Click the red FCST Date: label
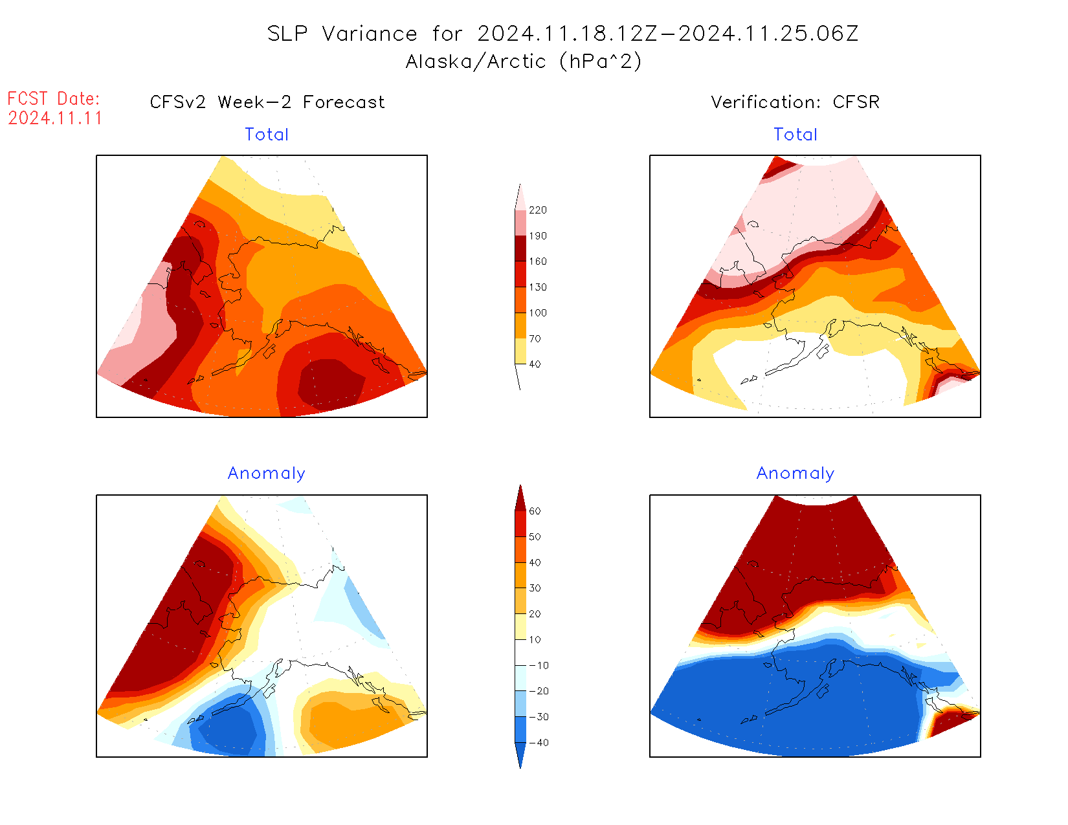point(54,99)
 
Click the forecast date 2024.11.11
point(55,118)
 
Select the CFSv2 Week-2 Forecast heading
point(267,102)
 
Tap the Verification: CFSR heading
point(795,102)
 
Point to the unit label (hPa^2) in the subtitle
point(601,61)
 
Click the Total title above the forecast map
point(267,135)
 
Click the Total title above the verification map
point(795,135)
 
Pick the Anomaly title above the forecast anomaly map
point(266,474)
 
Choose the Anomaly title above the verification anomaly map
point(795,474)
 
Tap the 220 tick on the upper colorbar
point(537,210)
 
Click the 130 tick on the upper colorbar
point(537,287)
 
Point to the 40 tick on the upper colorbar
point(535,364)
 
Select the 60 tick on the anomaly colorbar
point(535,511)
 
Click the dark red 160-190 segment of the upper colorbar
point(520,248)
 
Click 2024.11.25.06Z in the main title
point(768,34)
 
